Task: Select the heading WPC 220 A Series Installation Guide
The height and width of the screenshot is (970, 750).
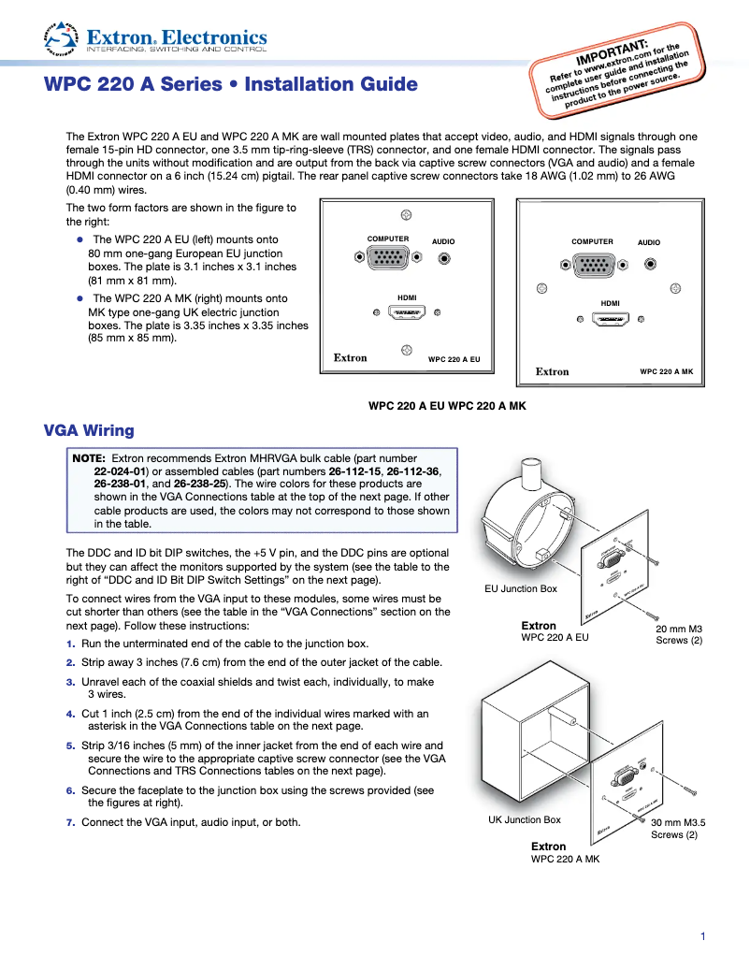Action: coord(231,85)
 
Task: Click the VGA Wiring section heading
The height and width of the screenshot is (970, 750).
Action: coord(89,430)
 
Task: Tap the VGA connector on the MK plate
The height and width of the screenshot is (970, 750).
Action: coord(592,267)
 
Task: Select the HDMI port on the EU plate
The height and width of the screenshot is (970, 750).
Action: coord(406,314)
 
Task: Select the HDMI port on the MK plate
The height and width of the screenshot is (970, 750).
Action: coord(611,321)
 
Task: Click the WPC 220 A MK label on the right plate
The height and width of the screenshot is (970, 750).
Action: coord(666,371)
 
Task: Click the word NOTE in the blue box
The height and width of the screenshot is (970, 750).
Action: coord(89,458)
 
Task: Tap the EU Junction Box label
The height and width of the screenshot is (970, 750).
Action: coord(520,588)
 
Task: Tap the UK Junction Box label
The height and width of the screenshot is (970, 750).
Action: coord(525,819)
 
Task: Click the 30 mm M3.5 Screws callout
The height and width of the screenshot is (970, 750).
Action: coord(677,829)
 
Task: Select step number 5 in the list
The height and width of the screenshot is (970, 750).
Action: coord(70,746)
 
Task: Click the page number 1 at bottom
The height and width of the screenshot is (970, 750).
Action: coord(701,936)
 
